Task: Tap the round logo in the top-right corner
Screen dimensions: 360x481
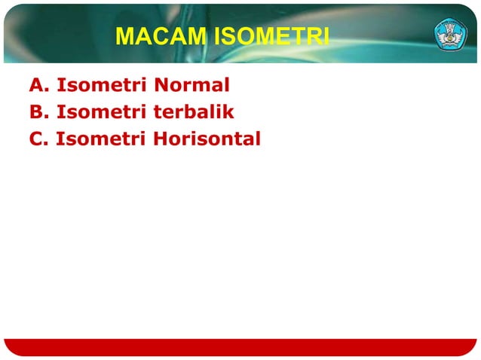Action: pyautogui.click(x=450, y=35)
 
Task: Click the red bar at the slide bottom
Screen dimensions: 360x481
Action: pyautogui.click(x=240, y=347)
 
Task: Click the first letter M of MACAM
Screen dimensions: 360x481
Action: pyautogui.click(x=125, y=37)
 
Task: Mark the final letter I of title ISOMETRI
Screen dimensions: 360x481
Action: pyautogui.click(x=325, y=37)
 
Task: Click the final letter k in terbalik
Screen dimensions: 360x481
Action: pyautogui.click(x=228, y=113)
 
